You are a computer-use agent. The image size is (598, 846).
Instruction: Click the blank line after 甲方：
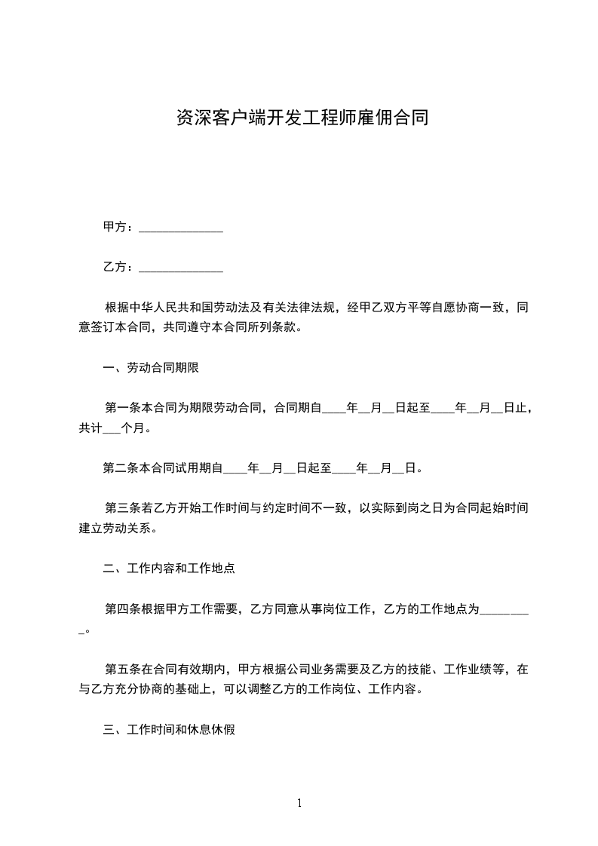tap(181, 228)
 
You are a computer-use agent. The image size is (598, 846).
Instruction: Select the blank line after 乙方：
tap(181, 268)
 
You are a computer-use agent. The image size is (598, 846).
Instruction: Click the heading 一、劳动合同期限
tap(150, 368)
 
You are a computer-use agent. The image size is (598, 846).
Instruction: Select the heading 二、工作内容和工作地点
tap(168, 569)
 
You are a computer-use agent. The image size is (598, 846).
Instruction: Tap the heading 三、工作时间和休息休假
tap(168, 730)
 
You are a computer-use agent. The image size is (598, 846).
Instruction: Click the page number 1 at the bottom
tap(299, 803)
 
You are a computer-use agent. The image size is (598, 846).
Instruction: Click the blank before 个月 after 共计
tap(110, 428)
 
